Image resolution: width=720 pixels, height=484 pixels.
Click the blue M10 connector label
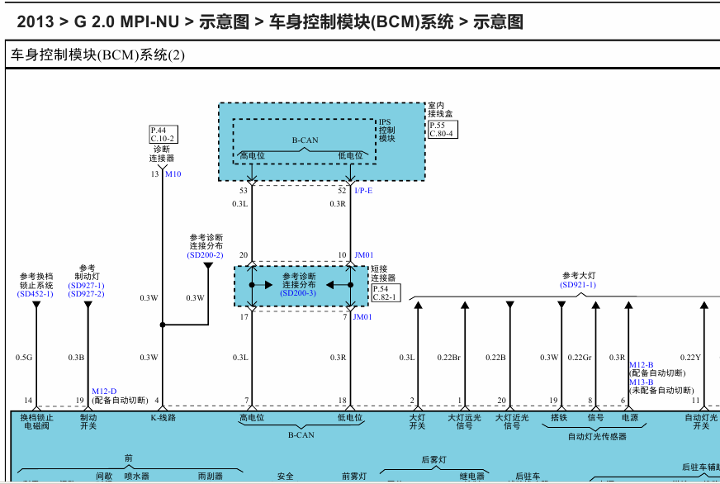point(173,174)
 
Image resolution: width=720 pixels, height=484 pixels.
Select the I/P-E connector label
point(363,191)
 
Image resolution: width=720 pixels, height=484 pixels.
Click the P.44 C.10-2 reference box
point(163,134)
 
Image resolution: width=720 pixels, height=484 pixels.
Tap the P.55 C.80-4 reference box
point(442,129)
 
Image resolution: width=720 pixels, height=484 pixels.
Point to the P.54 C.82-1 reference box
point(385,292)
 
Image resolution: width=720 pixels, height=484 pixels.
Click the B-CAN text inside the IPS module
point(305,140)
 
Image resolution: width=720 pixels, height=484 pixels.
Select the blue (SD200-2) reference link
point(206,255)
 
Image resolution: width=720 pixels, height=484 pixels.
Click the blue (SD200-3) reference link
point(298,293)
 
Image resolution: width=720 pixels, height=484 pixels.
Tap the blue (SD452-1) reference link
point(36,293)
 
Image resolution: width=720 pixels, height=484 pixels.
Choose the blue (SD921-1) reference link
point(578,285)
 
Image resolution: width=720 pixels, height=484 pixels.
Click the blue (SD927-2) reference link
point(87,294)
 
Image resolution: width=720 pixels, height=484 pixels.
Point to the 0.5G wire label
point(23,358)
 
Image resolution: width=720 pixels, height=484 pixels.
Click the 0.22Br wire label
point(448,358)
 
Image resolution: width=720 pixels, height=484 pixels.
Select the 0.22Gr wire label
point(580,358)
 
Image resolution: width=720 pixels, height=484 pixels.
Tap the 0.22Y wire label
point(690,358)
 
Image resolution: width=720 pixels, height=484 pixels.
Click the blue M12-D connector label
point(104,391)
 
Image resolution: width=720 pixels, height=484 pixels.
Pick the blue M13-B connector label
point(641,382)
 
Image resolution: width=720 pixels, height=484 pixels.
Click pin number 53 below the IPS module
point(244,191)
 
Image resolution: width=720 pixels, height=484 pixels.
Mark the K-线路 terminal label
point(163,418)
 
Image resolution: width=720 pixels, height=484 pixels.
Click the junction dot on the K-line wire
point(163,325)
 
